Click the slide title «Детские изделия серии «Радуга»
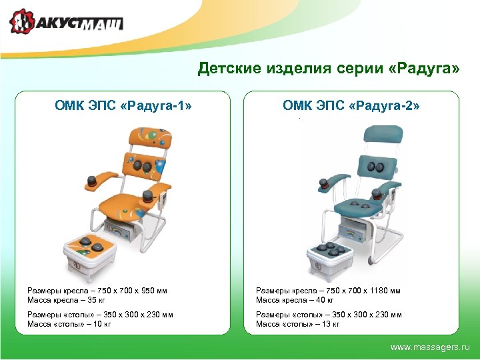pyautogui.click(x=329, y=69)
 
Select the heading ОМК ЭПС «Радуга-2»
pyautogui.click(x=351, y=105)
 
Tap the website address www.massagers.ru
pyautogui.click(x=430, y=347)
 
